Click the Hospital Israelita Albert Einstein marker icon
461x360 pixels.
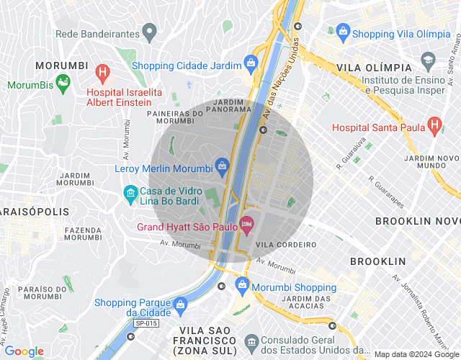(103, 72)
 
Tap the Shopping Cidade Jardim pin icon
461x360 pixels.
(251, 63)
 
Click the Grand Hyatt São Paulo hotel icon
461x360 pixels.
(246, 225)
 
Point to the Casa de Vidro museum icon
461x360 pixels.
(130, 192)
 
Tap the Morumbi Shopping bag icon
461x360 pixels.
(242, 285)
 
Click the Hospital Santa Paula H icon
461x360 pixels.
(434, 125)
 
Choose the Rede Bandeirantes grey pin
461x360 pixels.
(149, 31)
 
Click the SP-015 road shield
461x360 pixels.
(144, 324)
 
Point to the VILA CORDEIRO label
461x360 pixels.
(287, 245)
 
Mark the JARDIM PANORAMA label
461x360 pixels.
(228, 106)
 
